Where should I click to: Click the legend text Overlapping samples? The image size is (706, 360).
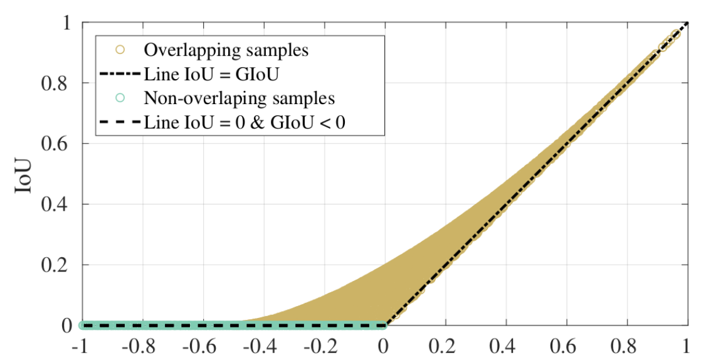(x=226, y=50)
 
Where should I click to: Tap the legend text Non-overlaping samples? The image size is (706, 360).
(x=239, y=98)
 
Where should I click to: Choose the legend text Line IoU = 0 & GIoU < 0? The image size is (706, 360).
(x=245, y=122)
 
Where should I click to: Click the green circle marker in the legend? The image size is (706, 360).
(x=121, y=98)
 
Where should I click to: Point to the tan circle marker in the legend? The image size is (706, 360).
(x=121, y=50)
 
